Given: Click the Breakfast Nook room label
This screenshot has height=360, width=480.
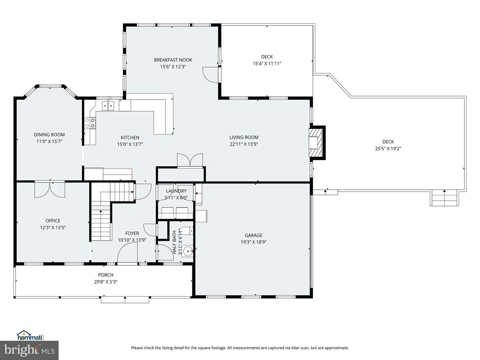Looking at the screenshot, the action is [173, 60].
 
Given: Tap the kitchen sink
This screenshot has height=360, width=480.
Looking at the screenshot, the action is [108, 106].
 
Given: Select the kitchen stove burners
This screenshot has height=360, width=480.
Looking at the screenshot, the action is [90, 123].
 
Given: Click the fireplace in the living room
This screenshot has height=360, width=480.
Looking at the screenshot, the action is [316, 143].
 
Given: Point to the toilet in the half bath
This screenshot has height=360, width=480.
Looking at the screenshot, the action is [187, 231].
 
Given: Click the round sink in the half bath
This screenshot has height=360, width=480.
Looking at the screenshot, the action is [187, 251].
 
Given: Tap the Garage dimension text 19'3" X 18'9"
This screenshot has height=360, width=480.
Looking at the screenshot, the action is [253, 242].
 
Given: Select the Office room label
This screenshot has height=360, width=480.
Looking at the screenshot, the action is [53, 221].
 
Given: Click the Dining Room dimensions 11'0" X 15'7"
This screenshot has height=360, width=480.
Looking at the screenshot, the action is [49, 141].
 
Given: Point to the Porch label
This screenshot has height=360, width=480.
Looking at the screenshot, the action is [106, 275].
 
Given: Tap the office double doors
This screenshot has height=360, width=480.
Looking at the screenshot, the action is [50, 189].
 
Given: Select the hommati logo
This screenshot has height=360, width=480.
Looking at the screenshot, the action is [31, 335].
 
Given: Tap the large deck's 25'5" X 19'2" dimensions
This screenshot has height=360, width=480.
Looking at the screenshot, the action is [388, 149].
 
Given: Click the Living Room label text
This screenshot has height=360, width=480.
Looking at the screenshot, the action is [244, 137].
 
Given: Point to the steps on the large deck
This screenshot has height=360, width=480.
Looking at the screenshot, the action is [444, 198].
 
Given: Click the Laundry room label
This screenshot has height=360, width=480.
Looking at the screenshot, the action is [176, 191].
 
